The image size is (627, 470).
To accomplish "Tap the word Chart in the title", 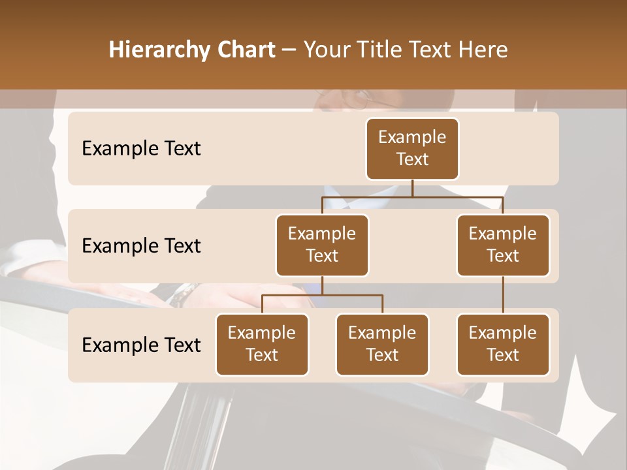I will (246, 50).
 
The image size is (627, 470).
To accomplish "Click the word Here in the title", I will (481, 50).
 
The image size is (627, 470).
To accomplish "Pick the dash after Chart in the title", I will (289, 51).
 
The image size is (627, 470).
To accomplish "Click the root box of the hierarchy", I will (412, 148).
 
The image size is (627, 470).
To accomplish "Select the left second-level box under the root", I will (322, 245).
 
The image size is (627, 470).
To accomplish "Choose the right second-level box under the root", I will (503, 245).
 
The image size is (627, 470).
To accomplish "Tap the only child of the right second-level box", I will (503, 344).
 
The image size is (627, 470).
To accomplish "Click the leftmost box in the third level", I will (262, 344).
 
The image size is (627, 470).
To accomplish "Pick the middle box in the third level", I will (382, 344).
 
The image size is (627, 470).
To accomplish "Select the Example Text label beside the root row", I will (141, 148).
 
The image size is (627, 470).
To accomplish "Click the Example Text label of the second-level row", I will (141, 245).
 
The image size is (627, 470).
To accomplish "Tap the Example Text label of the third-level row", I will (141, 345).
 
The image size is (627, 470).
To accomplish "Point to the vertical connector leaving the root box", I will (412, 188).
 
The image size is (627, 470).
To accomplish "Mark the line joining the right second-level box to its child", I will (503, 295).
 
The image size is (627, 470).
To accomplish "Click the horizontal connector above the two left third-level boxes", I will (322, 295).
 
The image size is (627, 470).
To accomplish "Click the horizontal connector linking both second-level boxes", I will (412, 196).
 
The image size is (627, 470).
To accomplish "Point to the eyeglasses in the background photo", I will (360, 99).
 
